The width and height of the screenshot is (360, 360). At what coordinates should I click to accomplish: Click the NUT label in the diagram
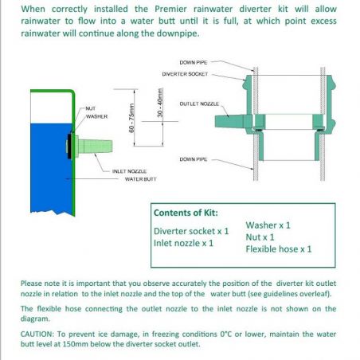(x=91, y=108)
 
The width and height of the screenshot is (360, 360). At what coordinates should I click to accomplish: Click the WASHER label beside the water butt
(x=96, y=116)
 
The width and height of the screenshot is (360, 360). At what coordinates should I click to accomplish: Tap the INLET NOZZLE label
(x=129, y=171)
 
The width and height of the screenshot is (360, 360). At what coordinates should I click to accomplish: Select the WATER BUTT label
(x=140, y=179)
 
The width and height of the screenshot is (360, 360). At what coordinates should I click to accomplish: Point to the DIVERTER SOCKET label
(x=185, y=74)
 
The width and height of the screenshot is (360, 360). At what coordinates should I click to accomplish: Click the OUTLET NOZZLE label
(x=199, y=104)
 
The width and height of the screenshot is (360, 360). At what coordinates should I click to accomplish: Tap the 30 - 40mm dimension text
(x=159, y=103)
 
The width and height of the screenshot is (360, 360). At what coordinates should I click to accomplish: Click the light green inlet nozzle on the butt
(x=93, y=147)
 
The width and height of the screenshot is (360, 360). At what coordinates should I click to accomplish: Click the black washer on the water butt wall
(x=69, y=147)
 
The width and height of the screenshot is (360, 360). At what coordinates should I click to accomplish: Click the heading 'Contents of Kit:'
(x=186, y=213)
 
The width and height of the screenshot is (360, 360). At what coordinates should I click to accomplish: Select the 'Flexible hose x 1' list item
(x=279, y=249)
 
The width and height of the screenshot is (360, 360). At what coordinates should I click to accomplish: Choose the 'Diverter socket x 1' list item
(x=191, y=231)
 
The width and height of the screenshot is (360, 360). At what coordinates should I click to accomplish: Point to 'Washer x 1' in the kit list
(x=268, y=225)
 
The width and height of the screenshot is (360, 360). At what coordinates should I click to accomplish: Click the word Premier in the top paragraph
(x=170, y=9)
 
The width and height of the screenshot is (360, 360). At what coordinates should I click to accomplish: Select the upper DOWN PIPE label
(x=194, y=63)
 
